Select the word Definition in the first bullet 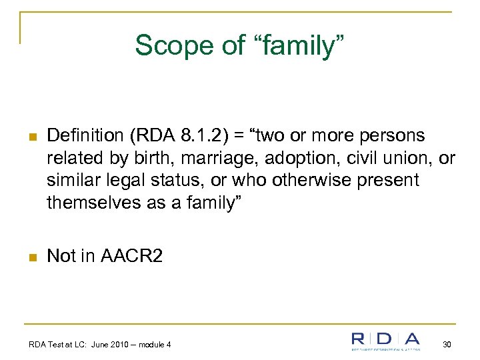[x=85, y=136]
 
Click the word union [x=411, y=158]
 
